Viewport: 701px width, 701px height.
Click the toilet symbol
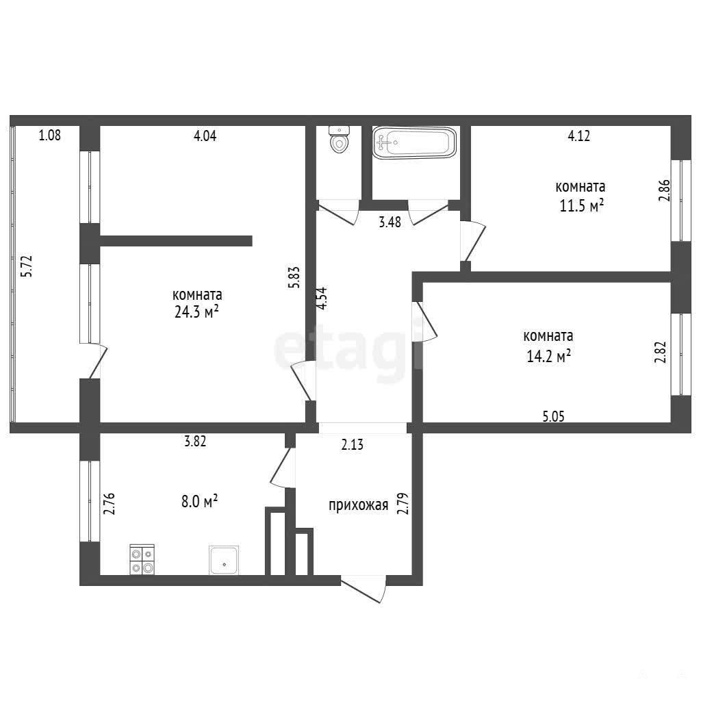pyautogui.click(x=339, y=140)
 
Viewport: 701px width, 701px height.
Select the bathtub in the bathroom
pyautogui.click(x=414, y=142)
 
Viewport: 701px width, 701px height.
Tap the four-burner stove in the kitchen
pyautogui.click(x=142, y=560)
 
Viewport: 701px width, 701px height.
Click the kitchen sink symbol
pyautogui.click(x=224, y=560)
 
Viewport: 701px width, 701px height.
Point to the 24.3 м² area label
pyautogui.click(x=196, y=311)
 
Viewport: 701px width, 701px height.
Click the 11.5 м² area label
pyautogui.click(x=582, y=205)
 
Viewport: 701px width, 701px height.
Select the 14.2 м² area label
pyautogui.click(x=548, y=356)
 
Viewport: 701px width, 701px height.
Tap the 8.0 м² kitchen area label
pyautogui.click(x=199, y=502)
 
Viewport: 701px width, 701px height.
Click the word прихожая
pyautogui.click(x=359, y=506)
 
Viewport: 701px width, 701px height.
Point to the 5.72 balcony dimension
pyautogui.click(x=27, y=266)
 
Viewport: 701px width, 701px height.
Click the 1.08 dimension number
pyautogui.click(x=49, y=135)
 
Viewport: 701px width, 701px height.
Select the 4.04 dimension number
pyautogui.click(x=205, y=136)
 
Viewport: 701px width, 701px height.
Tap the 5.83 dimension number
pyautogui.click(x=294, y=277)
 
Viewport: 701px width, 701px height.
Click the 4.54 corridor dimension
pyautogui.click(x=322, y=298)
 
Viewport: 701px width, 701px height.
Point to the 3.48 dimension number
pyautogui.click(x=390, y=222)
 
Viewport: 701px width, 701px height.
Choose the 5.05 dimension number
pyautogui.click(x=553, y=417)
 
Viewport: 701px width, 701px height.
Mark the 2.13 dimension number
pyautogui.click(x=353, y=445)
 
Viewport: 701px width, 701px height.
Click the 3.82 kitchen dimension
pyautogui.click(x=195, y=442)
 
